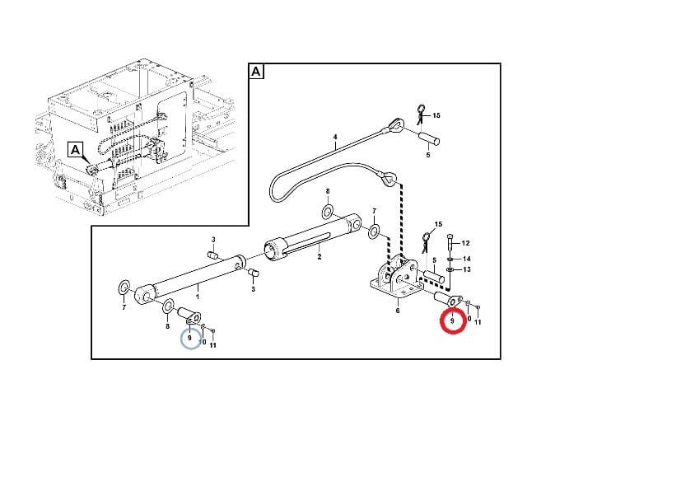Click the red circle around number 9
tap(441, 322)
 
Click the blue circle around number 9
tap(181, 339)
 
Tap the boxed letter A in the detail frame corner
tap(256, 71)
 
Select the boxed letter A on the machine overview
tap(75, 150)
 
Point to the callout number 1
tap(198, 297)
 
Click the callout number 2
tap(320, 257)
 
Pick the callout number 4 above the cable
tap(335, 137)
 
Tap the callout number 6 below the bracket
tap(398, 311)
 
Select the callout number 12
tap(465, 243)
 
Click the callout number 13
tap(467, 269)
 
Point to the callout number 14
tap(466, 259)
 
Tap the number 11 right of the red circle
tap(478, 322)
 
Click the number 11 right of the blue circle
tap(212, 345)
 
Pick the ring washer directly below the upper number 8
tap(328, 213)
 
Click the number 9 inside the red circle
tap(452, 321)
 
